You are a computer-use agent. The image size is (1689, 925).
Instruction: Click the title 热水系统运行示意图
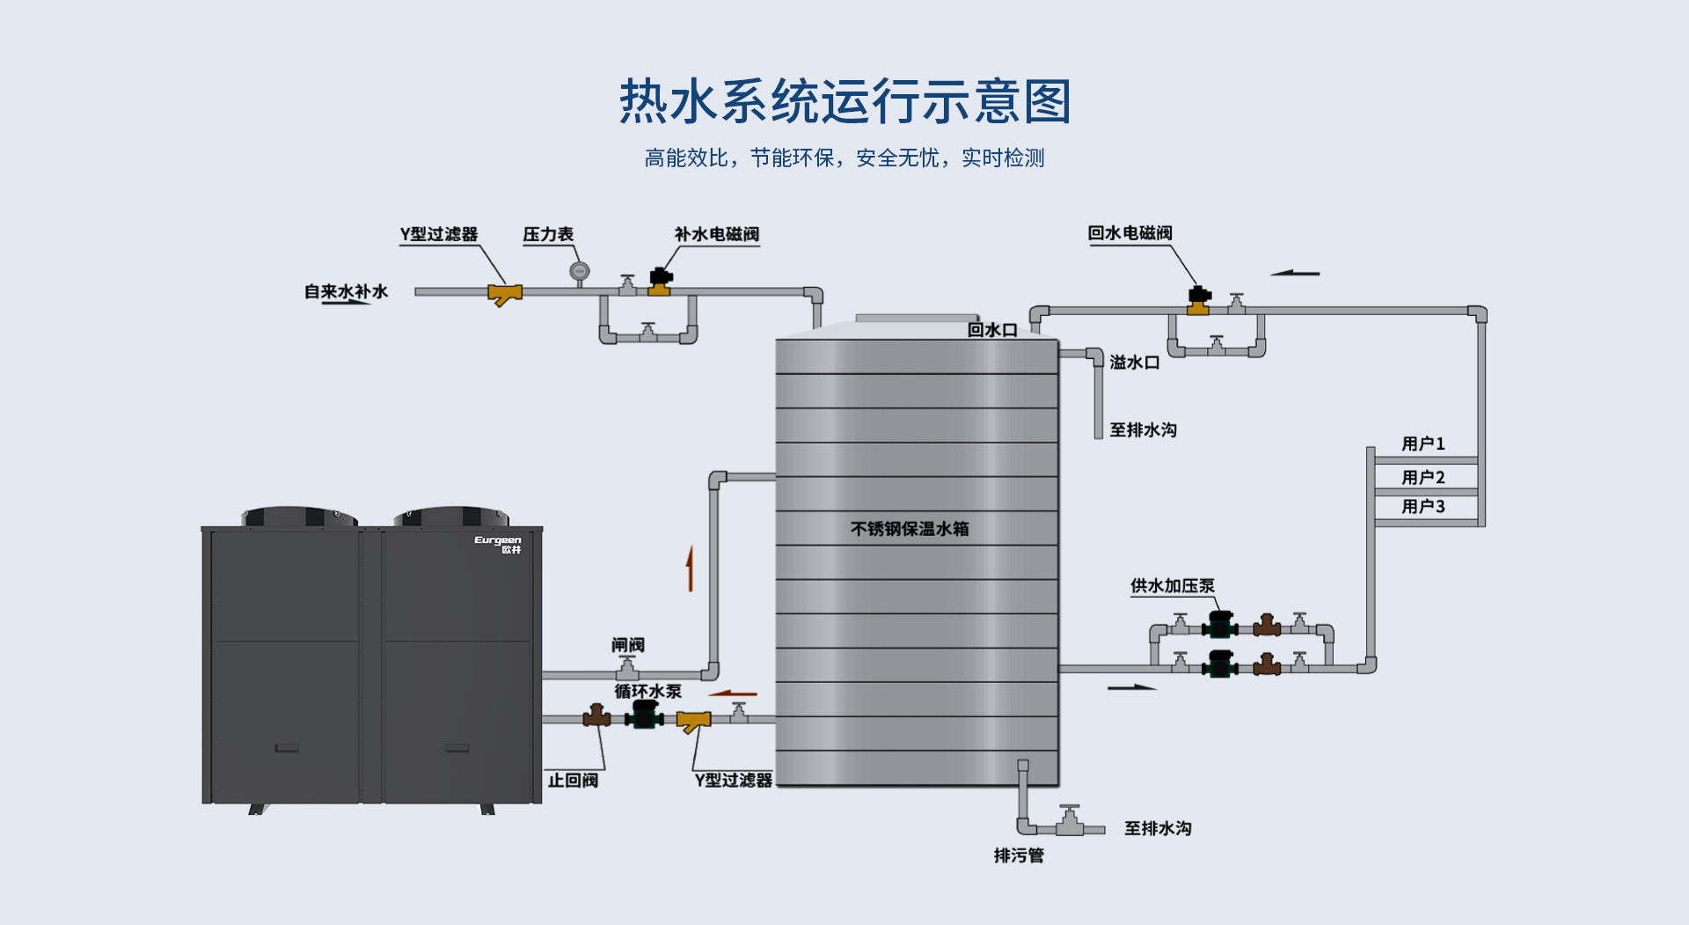(844, 101)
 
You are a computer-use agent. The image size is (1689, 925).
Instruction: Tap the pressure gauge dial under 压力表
(579, 271)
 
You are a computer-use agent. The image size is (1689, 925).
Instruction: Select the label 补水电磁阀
(716, 234)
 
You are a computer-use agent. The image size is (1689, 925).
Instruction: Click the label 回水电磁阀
(1130, 233)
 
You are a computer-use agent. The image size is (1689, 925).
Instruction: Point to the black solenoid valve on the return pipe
(1199, 296)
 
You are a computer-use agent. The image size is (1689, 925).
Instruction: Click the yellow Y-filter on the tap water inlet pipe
(505, 294)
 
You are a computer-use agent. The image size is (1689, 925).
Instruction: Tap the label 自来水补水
(346, 291)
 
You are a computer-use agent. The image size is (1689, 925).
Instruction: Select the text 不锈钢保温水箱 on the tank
(910, 529)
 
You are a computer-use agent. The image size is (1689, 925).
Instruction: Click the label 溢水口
(1134, 363)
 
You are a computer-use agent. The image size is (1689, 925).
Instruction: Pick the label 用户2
(1422, 477)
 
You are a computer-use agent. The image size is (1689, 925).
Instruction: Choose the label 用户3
(1422, 507)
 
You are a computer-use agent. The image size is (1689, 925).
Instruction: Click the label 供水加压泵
(1172, 586)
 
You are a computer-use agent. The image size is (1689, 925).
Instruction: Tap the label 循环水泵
(647, 692)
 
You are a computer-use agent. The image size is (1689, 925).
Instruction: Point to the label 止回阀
(573, 781)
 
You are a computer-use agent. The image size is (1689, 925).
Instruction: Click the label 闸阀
(628, 645)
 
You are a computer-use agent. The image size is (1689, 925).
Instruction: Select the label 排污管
(1019, 855)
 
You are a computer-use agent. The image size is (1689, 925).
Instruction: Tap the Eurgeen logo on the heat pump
(498, 543)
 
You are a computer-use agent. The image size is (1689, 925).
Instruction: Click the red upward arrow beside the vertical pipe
(691, 569)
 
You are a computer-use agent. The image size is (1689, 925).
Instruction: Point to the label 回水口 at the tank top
(992, 330)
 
